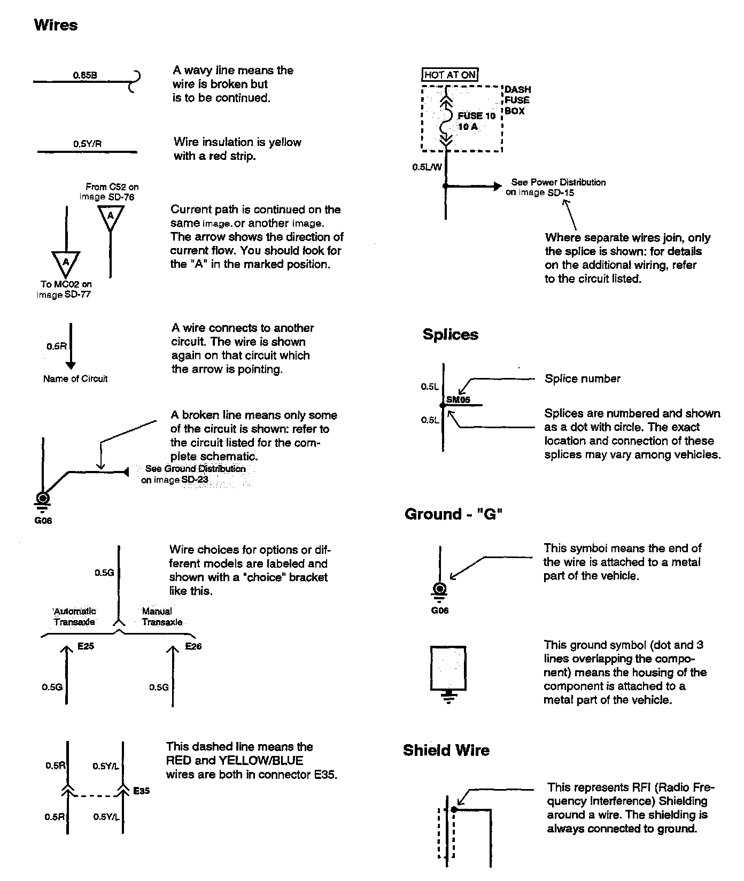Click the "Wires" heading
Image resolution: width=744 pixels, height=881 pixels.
(56, 25)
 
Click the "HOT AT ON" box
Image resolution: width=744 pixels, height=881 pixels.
(450, 75)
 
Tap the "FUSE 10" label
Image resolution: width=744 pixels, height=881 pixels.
(477, 116)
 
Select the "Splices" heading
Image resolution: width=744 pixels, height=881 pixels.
(450, 335)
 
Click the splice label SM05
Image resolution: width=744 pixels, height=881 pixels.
(458, 400)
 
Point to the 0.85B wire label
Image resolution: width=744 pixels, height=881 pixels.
(85, 75)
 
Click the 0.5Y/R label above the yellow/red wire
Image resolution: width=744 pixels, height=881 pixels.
(87, 144)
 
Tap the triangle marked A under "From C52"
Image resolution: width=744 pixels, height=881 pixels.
(111, 216)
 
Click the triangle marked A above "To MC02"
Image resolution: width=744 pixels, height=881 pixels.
(66, 261)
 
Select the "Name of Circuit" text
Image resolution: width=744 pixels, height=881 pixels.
(75, 379)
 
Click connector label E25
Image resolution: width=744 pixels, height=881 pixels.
(86, 646)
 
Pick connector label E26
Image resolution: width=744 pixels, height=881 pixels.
(193, 646)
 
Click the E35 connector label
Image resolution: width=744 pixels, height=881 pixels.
(141, 791)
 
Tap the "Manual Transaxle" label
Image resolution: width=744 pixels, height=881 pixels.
(161, 616)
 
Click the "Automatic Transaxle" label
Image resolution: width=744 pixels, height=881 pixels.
(74, 616)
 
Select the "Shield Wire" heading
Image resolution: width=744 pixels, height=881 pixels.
(446, 751)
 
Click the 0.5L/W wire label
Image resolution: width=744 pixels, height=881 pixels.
(427, 167)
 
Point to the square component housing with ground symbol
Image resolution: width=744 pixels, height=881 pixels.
(448, 668)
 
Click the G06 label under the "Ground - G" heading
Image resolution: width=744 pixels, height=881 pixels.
(440, 610)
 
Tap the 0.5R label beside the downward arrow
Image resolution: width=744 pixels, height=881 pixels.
(56, 346)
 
